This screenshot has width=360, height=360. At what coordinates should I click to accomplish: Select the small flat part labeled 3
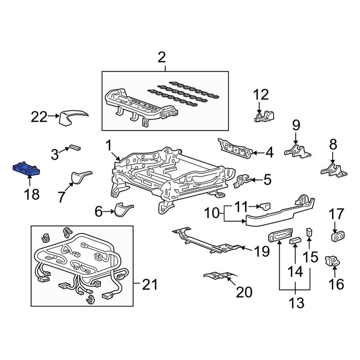click(75, 147)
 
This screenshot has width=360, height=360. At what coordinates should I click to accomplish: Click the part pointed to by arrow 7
click(79, 177)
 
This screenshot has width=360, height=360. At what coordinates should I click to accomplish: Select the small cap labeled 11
click(265, 206)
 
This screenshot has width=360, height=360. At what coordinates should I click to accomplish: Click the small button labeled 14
click(295, 240)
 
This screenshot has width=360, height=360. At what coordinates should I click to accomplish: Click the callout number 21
click(150, 285)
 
